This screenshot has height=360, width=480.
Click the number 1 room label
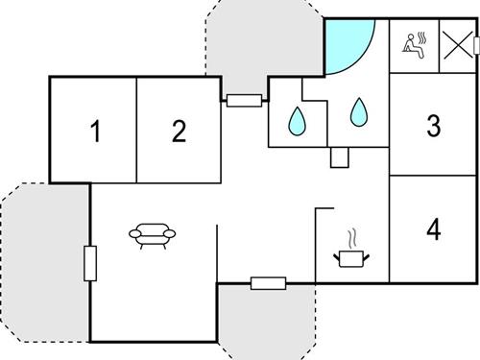click(94, 132)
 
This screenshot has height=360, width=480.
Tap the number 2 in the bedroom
click(179, 132)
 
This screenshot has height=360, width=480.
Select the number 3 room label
click(434, 126)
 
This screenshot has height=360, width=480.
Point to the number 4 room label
click(434, 229)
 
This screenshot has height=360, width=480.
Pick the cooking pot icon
click(351, 256)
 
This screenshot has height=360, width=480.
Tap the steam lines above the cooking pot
click(352, 235)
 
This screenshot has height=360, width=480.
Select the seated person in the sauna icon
click(414, 46)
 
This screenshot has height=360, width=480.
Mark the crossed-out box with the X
click(457, 44)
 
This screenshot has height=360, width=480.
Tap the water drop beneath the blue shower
click(359, 113)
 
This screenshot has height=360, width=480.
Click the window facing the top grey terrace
click(245, 99)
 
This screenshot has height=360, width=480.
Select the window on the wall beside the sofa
click(90, 263)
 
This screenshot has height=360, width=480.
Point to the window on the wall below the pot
click(268, 282)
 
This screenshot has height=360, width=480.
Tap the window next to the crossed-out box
click(476, 44)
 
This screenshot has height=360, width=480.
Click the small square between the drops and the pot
click(338, 157)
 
